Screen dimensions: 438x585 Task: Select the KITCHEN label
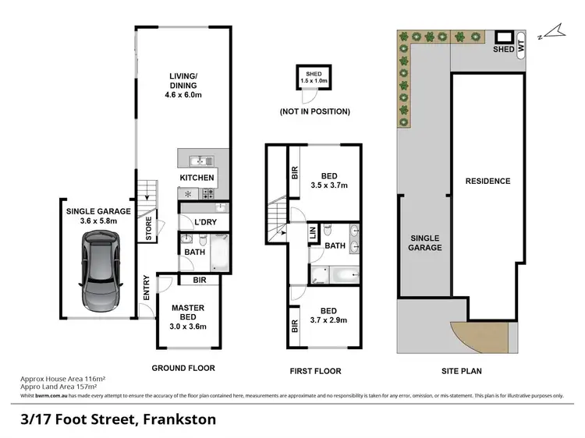click(197, 178)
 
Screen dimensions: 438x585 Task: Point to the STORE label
click(149, 230)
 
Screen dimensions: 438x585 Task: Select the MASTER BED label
click(187, 313)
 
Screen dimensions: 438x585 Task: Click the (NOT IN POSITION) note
click(314, 111)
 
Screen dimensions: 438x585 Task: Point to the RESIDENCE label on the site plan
click(487, 181)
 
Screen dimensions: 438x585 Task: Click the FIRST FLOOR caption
click(314, 371)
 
